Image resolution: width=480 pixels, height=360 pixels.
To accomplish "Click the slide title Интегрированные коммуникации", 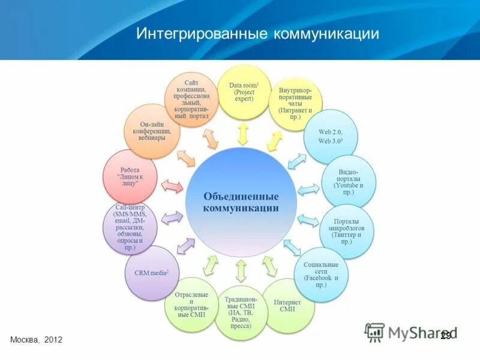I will (257, 33).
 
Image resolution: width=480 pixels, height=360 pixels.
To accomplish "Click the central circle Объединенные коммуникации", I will (241, 202).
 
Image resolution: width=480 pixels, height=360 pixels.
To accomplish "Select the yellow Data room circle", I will (244, 92).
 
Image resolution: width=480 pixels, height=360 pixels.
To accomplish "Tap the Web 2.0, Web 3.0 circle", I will (330, 136).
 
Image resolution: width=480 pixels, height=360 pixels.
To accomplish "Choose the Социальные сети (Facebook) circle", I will (321, 274).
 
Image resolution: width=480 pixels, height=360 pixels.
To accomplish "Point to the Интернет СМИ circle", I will (287, 305).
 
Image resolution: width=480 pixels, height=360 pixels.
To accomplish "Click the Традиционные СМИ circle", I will (241, 312).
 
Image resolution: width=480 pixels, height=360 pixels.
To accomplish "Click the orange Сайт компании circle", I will (191, 98).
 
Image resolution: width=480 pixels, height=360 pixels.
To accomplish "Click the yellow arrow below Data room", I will (242, 134).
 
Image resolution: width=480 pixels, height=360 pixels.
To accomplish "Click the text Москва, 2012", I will (36, 340).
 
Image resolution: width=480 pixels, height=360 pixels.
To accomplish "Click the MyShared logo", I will (411, 332).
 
